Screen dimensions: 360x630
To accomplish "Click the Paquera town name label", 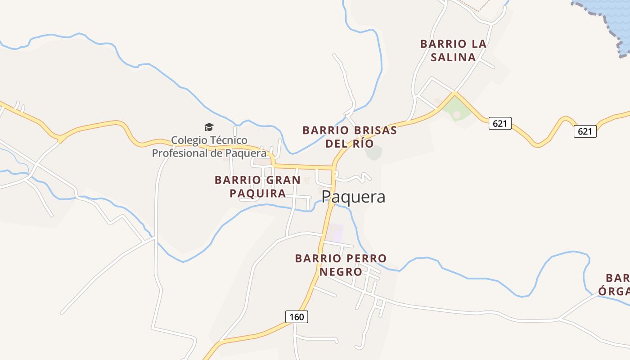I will coord(354,197).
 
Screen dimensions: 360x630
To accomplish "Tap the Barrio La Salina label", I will coord(453,50).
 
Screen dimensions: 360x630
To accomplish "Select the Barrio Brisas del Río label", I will coord(350,137).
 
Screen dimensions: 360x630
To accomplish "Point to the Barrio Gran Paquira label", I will coord(257,186).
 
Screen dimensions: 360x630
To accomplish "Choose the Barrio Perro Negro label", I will coord(341,265).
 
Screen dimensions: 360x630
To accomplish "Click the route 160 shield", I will coord(297,317).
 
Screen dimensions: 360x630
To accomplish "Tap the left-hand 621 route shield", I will coord(500,123).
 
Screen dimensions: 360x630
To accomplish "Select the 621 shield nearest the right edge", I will coord(585,131).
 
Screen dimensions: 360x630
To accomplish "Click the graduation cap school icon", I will coord(209,127).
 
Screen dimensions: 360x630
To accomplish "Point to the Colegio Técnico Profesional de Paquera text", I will coord(209,147).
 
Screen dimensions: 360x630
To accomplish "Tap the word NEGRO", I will coord(341,272).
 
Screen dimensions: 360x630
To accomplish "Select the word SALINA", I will coord(453,57).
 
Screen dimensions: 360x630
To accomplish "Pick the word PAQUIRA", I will coord(257,193).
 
